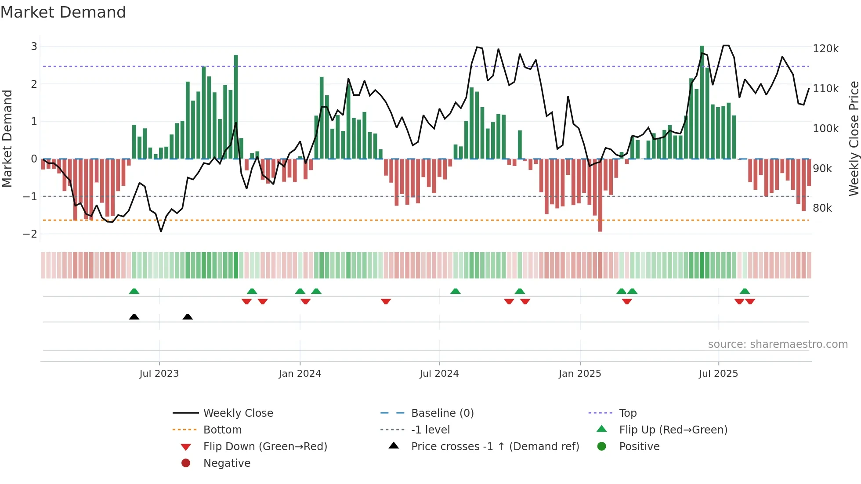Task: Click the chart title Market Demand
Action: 63,12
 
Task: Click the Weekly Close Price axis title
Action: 854,138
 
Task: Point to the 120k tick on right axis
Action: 825,49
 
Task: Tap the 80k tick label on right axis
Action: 822,208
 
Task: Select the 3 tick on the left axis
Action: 34,47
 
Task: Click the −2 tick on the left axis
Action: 30,234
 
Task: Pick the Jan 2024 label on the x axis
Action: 300,374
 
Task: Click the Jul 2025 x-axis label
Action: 718,374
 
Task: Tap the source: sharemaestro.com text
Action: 778,344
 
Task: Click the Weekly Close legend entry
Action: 238,413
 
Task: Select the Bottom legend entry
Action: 222,430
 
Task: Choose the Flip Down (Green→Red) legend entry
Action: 265,447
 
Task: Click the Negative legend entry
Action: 227,463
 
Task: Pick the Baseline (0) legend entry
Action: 442,413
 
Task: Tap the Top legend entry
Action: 627,413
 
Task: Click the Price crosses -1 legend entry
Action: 495,447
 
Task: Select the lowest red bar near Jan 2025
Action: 600,195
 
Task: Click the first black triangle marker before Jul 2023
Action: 134,317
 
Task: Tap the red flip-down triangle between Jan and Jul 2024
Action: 386,302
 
